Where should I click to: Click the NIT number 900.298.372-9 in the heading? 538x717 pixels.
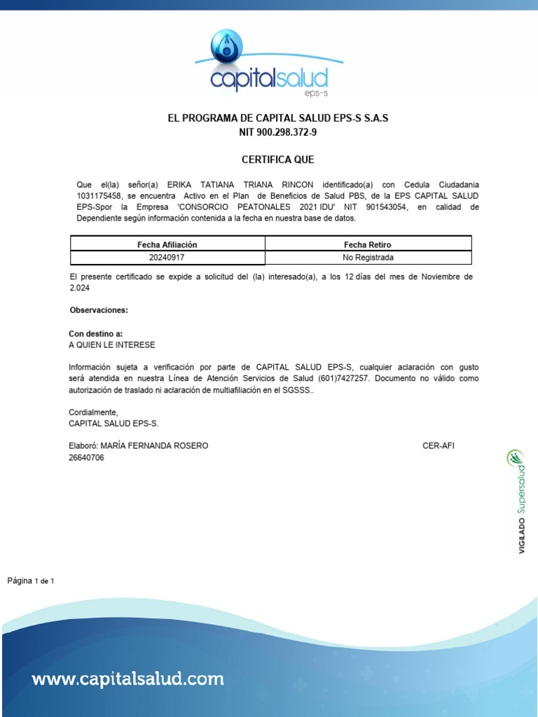click(x=277, y=132)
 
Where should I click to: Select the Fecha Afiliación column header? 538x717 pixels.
click(x=167, y=244)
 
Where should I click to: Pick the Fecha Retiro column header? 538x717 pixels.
click(x=368, y=244)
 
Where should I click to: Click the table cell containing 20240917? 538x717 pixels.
click(x=167, y=257)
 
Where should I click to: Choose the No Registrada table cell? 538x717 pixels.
click(x=368, y=257)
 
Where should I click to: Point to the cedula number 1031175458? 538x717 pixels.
click(x=99, y=196)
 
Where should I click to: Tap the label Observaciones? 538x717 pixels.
click(x=99, y=309)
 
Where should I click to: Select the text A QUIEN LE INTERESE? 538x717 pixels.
click(x=111, y=345)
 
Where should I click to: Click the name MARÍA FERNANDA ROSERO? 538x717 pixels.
click(x=154, y=446)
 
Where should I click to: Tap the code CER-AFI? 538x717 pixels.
click(x=439, y=446)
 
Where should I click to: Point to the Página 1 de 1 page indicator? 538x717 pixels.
click(x=31, y=580)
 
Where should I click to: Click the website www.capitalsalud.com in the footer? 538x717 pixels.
click(x=127, y=678)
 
